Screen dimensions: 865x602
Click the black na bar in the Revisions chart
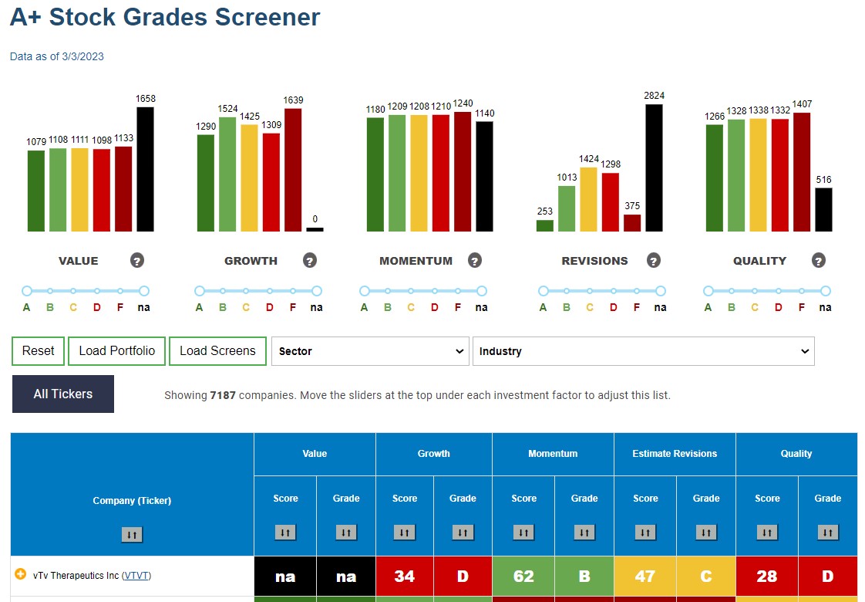point(654,168)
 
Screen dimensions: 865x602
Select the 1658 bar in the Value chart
point(145,169)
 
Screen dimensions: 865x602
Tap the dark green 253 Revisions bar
point(544,226)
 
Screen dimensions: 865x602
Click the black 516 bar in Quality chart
point(823,210)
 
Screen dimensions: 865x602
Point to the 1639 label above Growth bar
point(293,100)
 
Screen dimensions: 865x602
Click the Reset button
point(38,351)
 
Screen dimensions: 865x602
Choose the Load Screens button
point(217,351)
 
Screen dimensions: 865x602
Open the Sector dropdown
point(370,351)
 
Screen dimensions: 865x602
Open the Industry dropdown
point(643,351)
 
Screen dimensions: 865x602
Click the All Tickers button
point(63,394)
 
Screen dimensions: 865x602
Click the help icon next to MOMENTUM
point(474,260)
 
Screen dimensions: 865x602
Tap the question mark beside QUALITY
point(819,260)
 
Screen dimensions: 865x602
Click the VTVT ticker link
point(136,576)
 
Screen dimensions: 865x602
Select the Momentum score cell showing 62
point(523,576)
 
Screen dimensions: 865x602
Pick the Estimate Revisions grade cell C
point(706,576)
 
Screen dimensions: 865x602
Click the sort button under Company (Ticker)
point(132,534)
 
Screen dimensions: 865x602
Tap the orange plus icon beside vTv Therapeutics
point(20,574)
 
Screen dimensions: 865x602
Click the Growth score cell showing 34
point(405,576)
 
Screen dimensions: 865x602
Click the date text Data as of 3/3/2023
point(57,56)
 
